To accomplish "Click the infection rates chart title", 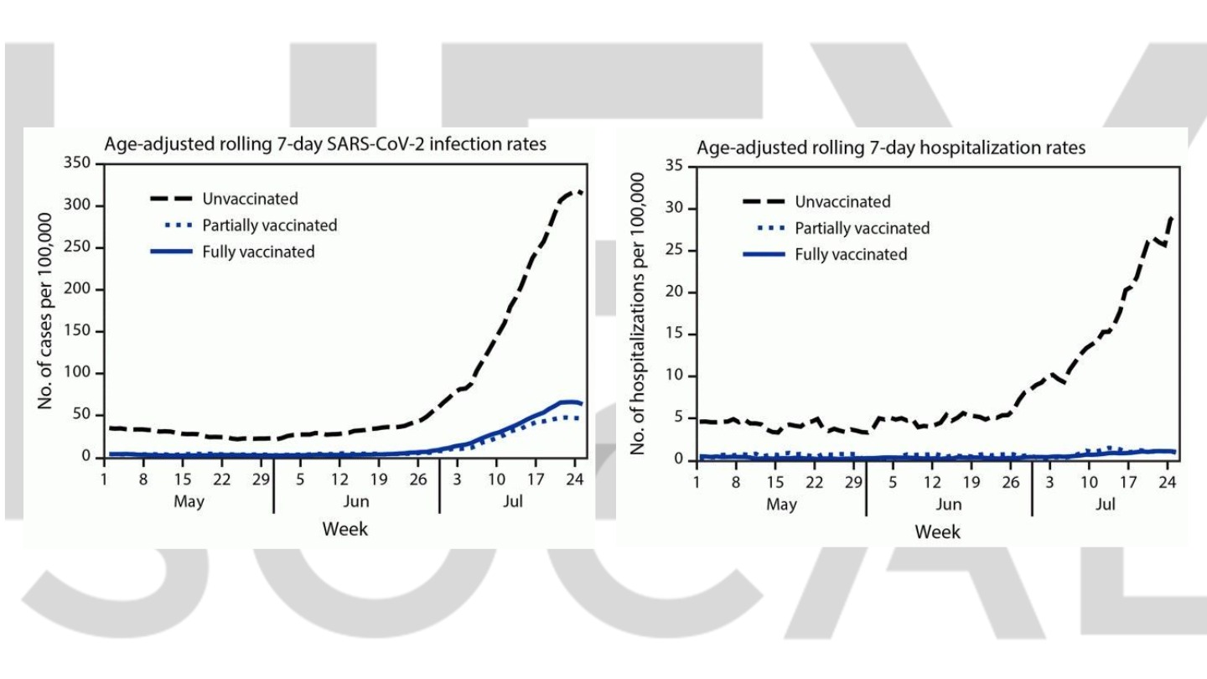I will (x=325, y=144).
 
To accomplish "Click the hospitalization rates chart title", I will (x=891, y=148).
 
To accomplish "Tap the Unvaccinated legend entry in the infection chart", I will (x=250, y=199).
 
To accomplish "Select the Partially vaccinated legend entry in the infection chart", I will (x=269, y=225).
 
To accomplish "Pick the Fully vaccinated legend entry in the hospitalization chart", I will (x=851, y=254).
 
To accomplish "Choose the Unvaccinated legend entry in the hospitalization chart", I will (x=842, y=202).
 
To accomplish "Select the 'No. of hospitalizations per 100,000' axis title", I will (x=638, y=314).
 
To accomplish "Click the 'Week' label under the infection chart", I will (x=345, y=529).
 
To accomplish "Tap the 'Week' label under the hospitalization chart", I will (x=937, y=531).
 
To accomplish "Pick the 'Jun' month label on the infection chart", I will (x=356, y=502).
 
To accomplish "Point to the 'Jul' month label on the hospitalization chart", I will (x=1106, y=505).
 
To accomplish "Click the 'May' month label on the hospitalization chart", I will (x=781, y=505).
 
